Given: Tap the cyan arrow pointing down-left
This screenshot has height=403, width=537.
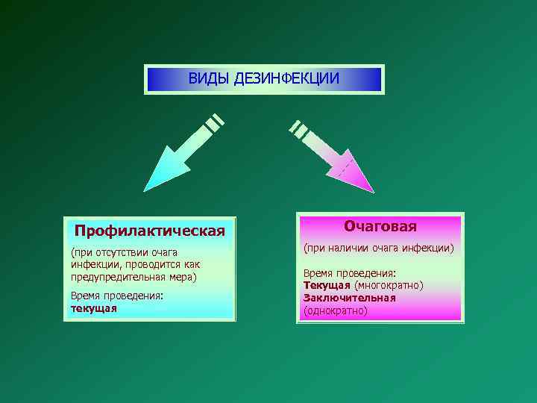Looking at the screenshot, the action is tap(173, 162).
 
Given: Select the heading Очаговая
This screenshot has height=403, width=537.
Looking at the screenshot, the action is tap(380, 225).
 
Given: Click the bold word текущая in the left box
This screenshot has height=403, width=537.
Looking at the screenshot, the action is tap(94, 308).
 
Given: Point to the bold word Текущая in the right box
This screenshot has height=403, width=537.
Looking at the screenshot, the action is tap(327, 285).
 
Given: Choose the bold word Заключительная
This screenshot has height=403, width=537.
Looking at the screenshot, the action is tap(349, 297).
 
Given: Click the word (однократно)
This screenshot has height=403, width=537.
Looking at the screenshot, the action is tap(335, 310).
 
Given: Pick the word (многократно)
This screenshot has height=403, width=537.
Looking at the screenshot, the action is tap(389, 285).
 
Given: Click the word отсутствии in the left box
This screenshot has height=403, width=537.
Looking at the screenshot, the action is tap(122, 253).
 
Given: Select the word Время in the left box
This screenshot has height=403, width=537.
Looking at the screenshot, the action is tap(86, 296).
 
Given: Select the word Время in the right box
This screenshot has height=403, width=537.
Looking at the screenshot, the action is tap(318, 273).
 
